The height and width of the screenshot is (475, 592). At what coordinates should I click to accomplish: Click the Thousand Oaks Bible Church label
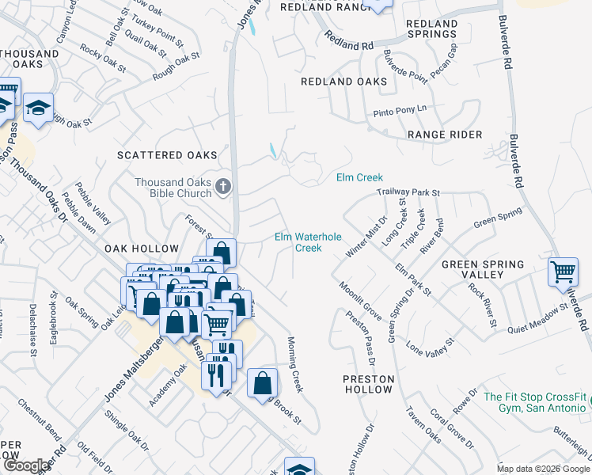[x=173, y=188]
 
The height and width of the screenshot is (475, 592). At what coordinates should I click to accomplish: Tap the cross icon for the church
[x=224, y=187]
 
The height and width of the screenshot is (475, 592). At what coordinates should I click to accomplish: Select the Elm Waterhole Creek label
[x=298, y=242]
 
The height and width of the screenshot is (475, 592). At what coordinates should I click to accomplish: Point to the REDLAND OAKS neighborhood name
[x=344, y=82]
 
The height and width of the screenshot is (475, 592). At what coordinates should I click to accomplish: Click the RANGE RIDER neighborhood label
[x=445, y=135]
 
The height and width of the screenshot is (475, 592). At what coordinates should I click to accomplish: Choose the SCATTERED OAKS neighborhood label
[x=165, y=156]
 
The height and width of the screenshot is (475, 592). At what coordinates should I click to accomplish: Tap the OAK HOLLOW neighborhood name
[x=142, y=249]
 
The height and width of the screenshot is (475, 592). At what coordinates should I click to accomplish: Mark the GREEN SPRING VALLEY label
[x=483, y=269]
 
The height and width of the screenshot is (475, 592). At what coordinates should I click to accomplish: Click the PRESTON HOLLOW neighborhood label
[x=368, y=385]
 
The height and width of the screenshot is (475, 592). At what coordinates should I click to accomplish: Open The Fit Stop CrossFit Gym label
[x=537, y=402]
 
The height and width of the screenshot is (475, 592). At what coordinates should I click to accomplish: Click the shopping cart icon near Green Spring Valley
[x=563, y=272]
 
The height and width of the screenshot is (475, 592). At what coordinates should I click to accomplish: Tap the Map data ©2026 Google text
[x=542, y=468]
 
